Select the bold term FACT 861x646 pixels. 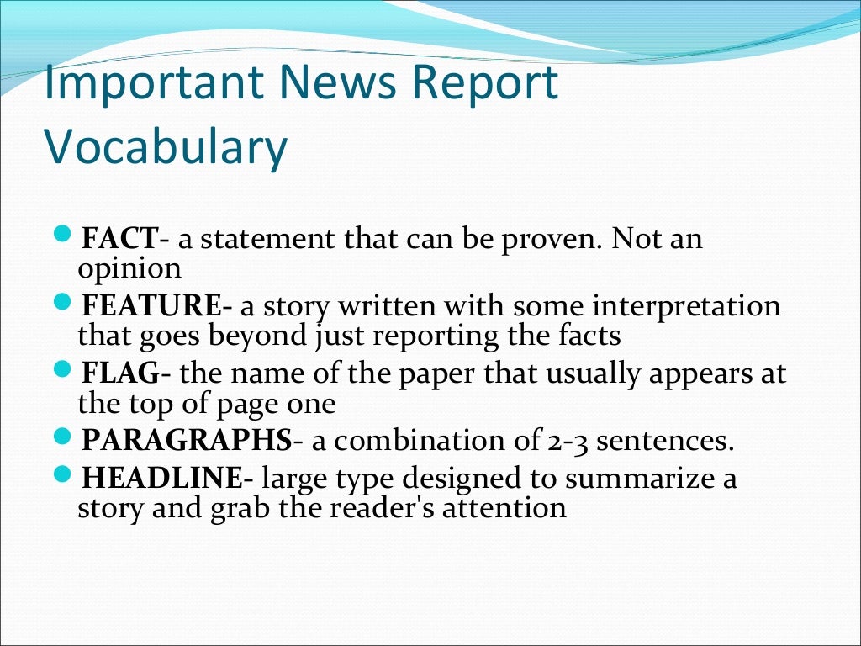click(119, 240)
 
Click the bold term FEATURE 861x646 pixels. click(151, 306)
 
